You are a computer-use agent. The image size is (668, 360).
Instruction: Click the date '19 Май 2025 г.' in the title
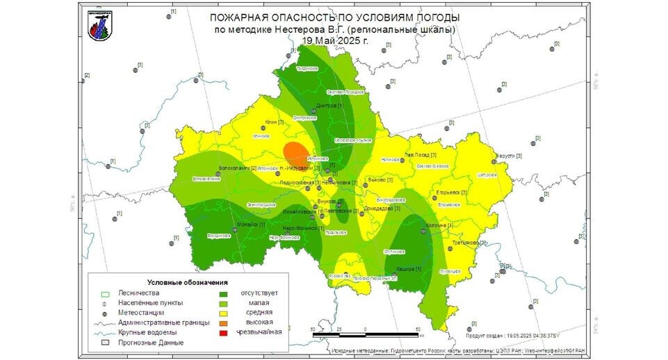335,40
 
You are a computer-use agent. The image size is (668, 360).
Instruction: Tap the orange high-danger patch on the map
296,152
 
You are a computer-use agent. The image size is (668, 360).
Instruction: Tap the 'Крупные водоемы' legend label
147,332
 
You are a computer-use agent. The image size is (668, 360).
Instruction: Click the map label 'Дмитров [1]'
329,106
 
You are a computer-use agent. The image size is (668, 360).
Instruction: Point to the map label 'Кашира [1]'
409,269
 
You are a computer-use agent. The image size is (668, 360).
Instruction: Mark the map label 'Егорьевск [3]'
451,192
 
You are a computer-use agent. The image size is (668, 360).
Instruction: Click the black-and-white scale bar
366,335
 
